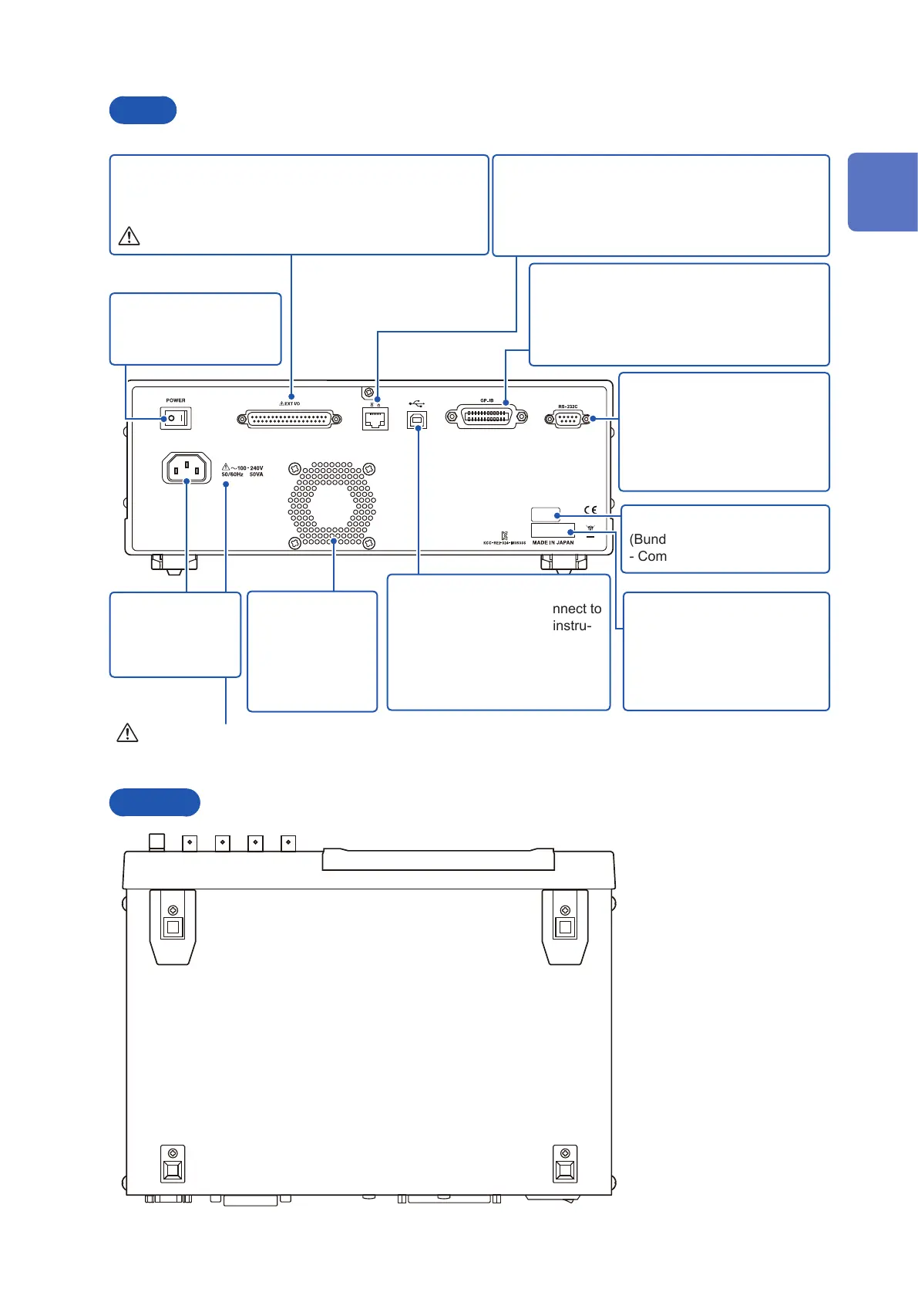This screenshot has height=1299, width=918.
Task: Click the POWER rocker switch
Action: click(x=176, y=419)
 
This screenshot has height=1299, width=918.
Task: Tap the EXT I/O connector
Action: click(x=289, y=419)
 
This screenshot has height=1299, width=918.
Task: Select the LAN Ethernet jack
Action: click(x=375, y=420)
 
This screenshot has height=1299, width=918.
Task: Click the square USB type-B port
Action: click(x=417, y=420)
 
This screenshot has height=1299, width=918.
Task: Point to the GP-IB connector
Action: click(x=487, y=417)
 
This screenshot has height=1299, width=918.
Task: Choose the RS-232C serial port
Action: click(x=568, y=419)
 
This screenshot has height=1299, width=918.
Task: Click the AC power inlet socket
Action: click(x=187, y=467)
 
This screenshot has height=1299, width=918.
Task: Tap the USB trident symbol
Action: click(x=417, y=403)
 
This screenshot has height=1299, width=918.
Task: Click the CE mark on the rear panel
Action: click(x=590, y=510)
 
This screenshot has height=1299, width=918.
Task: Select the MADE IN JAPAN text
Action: click(x=553, y=543)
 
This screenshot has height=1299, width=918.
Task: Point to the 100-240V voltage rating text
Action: click(x=247, y=468)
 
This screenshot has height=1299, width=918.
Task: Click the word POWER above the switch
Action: click(x=176, y=400)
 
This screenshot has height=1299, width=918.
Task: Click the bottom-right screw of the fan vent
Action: click(x=369, y=543)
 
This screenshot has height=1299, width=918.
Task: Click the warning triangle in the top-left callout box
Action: click(x=129, y=236)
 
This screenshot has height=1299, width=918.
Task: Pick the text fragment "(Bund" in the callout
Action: click(x=647, y=539)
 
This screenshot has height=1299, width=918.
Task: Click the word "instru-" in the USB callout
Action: click(x=572, y=626)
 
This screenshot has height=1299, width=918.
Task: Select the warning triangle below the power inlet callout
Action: click(x=127, y=732)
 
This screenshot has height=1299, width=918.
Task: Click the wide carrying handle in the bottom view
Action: click(x=438, y=859)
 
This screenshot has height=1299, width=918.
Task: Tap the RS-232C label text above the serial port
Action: click(x=568, y=407)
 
